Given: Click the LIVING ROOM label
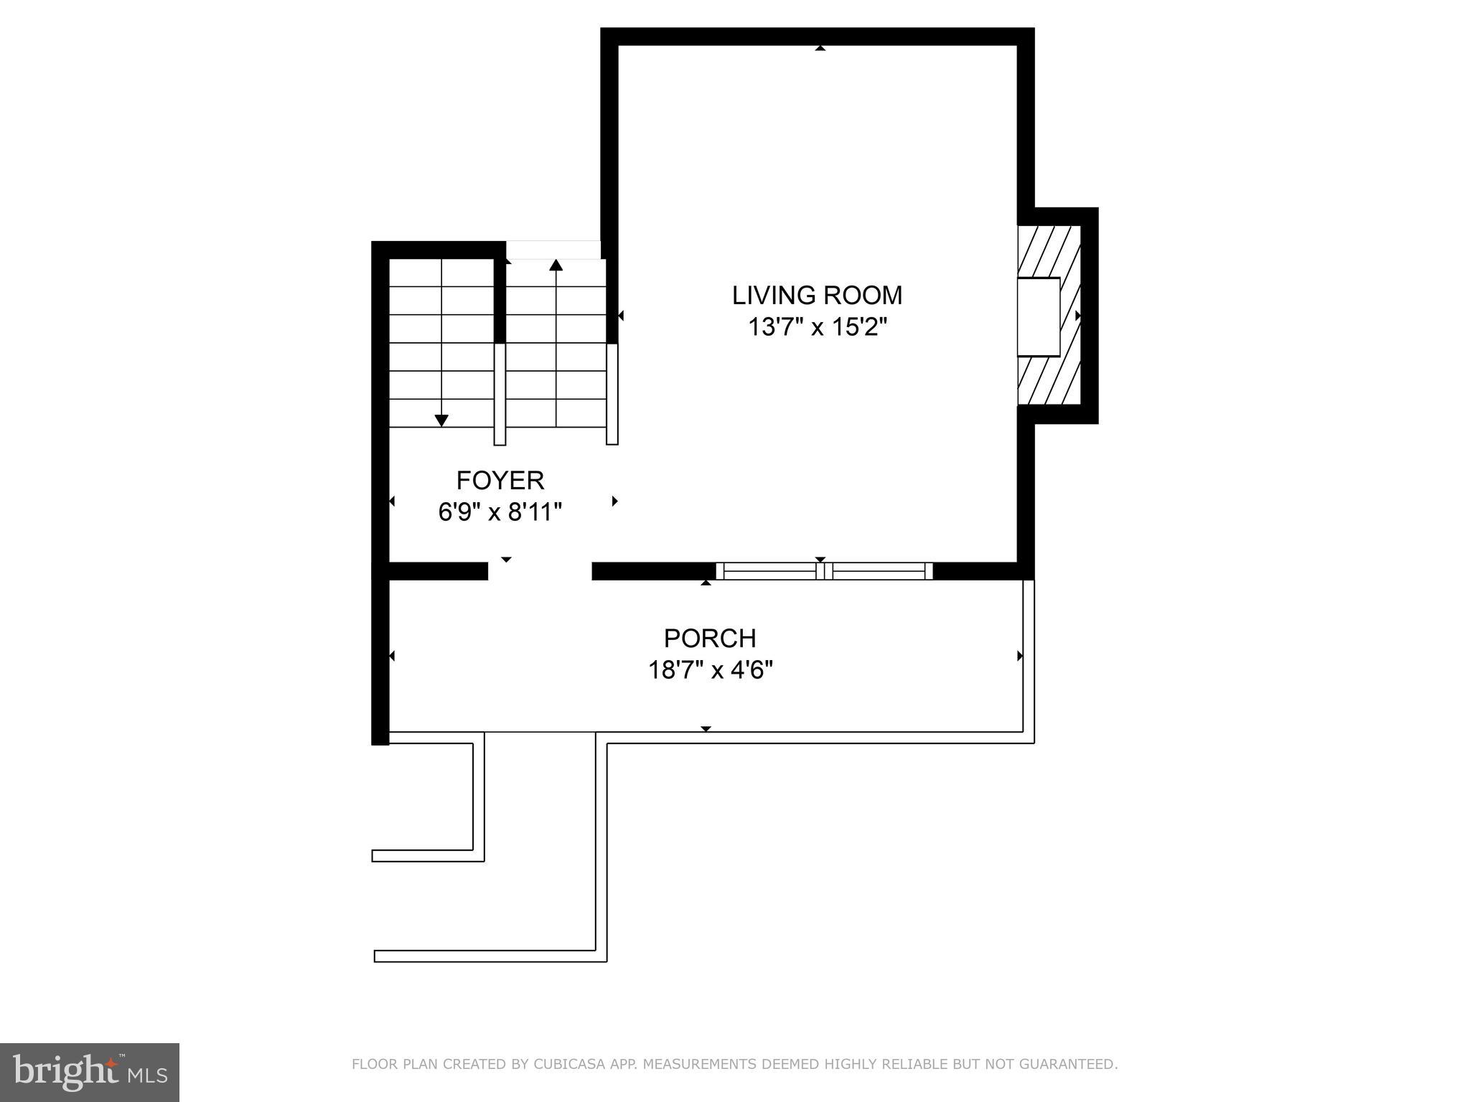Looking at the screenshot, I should click(x=817, y=295).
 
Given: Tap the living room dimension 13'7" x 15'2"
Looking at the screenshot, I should click(x=818, y=327).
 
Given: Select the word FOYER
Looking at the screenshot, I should click(x=500, y=480).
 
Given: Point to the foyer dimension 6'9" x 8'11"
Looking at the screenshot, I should click(x=500, y=512).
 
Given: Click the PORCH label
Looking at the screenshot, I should click(x=710, y=638).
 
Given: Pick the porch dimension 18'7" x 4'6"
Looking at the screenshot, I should click(x=710, y=670).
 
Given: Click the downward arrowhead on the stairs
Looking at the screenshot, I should click(x=441, y=420).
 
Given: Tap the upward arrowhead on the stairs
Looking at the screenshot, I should click(x=556, y=265).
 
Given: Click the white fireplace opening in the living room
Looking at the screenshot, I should click(x=1038, y=316).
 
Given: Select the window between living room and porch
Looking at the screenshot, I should click(x=824, y=571).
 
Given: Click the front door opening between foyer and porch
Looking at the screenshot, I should click(x=540, y=571).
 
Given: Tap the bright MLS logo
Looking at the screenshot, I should click(x=89, y=1072).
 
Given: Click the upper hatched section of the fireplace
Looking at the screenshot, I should click(x=1049, y=251).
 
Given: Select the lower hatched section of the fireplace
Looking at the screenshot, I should click(x=1049, y=380).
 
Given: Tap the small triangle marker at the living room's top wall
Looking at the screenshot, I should click(x=820, y=48).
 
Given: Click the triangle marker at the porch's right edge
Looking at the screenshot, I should click(x=1019, y=656).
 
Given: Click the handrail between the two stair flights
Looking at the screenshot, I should click(x=500, y=395).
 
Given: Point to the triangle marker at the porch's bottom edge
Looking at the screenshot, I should click(x=706, y=729).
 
